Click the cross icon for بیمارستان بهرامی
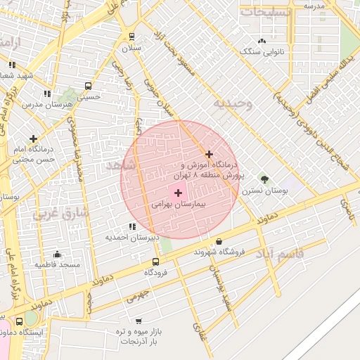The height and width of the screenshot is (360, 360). [x=177, y=193]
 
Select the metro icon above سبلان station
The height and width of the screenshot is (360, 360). [x=131, y=37]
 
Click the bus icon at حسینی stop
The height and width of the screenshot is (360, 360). [x=88, y=86]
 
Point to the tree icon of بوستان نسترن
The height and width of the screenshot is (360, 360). [x=264, y=180]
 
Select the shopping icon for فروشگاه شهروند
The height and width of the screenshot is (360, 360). [x=219, y=241]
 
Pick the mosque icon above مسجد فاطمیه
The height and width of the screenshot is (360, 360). [x=57, y=254]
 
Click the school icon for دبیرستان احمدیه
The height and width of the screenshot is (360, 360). [x=131, y=226]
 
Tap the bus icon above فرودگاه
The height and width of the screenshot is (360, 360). [x=155, y=262]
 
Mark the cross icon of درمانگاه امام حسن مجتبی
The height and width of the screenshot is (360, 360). [x=33, y=139]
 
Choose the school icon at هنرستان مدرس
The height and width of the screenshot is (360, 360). [x=47, y=93]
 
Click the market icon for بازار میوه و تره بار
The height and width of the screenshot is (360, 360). [x=138, y=321]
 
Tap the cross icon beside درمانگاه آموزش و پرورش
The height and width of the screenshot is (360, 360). [x=209, y=154]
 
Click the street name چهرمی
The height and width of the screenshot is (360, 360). [x=139, y=295]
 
